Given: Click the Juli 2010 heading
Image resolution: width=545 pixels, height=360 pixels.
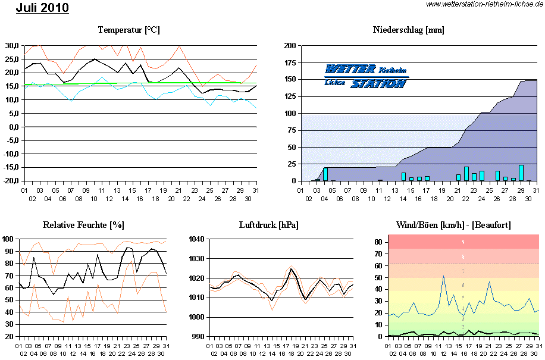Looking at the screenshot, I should pos(42,8).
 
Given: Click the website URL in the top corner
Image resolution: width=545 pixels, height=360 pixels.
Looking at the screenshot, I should pos(484,4).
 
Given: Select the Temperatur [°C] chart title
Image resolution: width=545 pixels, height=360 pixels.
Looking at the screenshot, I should pos(129,30).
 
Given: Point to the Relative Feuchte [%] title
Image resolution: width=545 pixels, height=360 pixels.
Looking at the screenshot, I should pos(83,225).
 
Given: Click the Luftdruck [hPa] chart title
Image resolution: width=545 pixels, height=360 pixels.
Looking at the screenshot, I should pos(268,225).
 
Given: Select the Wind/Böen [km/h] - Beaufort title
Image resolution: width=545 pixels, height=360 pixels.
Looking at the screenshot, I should pos(453,225).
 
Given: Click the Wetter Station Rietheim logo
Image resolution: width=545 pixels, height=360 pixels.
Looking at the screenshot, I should pos(367,76).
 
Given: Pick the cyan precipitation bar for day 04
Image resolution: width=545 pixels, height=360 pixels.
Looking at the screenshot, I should pos(325,174).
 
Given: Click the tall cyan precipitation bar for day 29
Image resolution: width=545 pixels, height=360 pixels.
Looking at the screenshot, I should pos(521,173).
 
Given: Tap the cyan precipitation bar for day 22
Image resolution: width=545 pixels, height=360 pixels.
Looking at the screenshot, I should pos(466,174).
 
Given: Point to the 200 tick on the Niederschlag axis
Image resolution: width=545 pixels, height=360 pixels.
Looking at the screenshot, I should pos(290,46).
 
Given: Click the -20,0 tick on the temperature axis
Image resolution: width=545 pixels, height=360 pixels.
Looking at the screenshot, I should pos(12,181).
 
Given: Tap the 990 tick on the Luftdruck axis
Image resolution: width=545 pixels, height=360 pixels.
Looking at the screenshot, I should pos(198,337).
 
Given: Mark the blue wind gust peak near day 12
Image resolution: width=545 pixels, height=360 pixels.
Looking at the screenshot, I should pos(443,276).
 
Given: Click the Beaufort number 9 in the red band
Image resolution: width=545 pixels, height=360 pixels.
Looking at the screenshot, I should pos(463,242).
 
